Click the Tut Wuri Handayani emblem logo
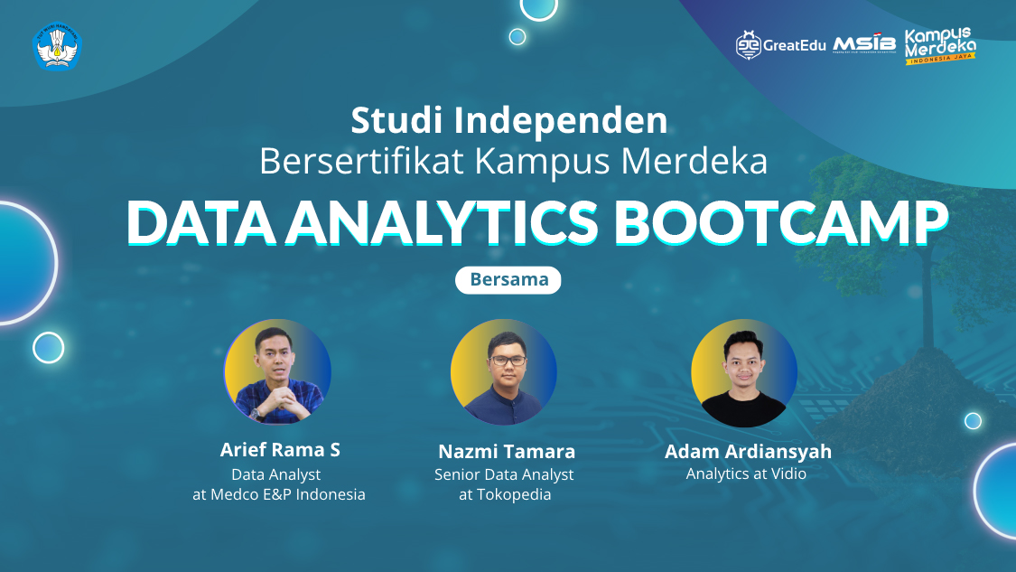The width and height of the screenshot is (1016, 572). (58, 46)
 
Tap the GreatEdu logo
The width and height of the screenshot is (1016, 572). (780, 45)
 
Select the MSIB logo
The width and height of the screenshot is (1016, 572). (864, 44)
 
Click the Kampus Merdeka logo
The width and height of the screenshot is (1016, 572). (940, 45)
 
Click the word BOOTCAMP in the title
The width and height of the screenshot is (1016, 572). (781, 222)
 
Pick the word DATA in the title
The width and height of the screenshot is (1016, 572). (201, 222)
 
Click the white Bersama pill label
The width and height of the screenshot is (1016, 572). (508, 279)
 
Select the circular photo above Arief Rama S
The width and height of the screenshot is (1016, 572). (277, 371)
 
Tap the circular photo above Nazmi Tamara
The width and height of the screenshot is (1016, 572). (504, 372)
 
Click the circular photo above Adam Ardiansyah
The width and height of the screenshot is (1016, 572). (744, 372)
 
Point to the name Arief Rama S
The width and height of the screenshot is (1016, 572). (280, 450)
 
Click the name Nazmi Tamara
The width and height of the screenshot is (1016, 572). (507, 451)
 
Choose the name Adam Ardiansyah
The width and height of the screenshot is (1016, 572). (748, 451)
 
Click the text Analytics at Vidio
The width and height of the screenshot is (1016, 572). (746, 474)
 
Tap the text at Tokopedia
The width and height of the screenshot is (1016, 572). (505, 495)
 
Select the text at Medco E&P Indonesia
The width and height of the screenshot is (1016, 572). (279, 494)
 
